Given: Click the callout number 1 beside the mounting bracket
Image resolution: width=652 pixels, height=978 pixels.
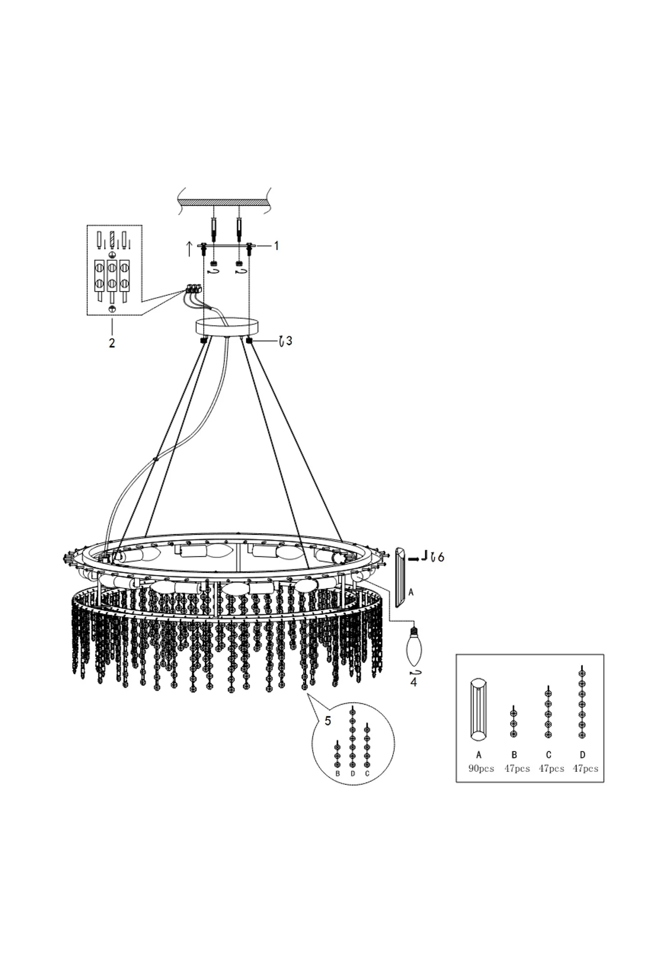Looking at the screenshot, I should point(276,245).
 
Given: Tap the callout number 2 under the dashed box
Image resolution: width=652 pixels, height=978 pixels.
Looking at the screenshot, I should point(112,343).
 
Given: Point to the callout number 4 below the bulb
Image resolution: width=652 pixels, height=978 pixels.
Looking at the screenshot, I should point(414,683).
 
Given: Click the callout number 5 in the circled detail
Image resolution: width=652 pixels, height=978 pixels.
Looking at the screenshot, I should point(328,721).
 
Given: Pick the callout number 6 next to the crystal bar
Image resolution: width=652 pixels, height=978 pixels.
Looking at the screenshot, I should point(441,557).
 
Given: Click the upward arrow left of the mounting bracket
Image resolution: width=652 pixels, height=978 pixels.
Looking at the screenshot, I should point(189,249).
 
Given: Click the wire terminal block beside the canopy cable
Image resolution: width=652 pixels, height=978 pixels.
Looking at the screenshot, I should point(193,289).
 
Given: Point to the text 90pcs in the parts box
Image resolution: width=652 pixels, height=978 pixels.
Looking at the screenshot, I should point(481,768).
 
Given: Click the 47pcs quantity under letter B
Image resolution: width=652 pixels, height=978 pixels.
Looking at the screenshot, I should point(517,768).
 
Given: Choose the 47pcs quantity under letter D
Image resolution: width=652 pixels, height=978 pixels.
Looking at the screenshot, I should point(585,768).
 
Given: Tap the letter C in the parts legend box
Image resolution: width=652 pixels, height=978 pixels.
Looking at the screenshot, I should point(549,755).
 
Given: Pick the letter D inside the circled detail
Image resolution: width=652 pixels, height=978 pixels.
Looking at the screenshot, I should point(353,774).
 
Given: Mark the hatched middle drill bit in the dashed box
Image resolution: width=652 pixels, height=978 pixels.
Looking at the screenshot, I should point(112,240).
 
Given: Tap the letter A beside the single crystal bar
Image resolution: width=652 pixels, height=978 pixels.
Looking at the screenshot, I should point(411,592).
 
